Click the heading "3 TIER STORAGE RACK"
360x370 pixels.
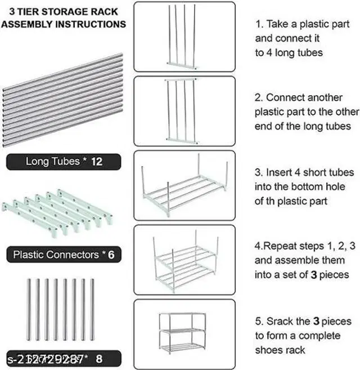(63, 11)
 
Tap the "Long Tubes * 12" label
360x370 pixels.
(64, 162)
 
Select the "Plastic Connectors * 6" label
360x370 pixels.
(64, 255)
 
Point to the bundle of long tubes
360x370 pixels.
(63, 99)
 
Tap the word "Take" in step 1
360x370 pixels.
(278, 24)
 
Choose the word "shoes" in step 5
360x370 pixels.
(269, 350)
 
